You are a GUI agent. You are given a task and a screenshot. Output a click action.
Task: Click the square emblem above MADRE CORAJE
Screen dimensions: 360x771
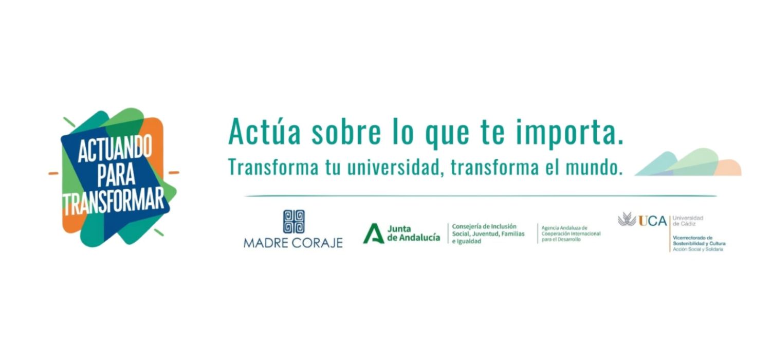293,222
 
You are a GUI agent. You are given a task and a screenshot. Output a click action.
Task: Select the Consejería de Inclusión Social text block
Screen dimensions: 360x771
488,233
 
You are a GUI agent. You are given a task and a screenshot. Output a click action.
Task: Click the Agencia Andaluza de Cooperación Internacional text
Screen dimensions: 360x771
571,233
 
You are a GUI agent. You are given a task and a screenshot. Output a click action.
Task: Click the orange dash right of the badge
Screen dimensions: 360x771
174,172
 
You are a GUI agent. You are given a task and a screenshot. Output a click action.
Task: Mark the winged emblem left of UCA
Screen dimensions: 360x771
627,220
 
